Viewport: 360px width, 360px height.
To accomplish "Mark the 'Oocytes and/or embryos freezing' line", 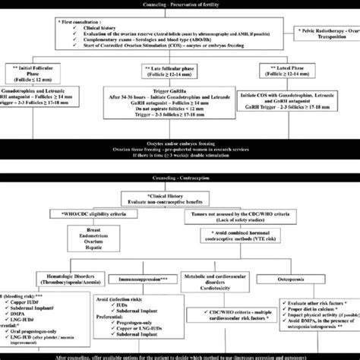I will pos(180,160).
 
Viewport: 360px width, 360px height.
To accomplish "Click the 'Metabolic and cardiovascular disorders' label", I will pos(220,285).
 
